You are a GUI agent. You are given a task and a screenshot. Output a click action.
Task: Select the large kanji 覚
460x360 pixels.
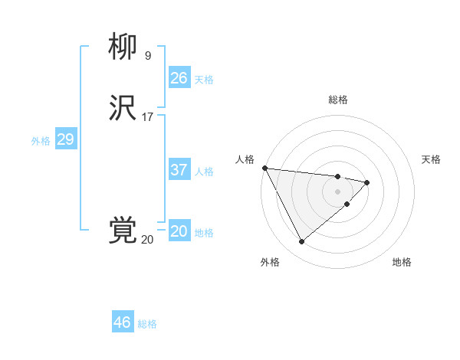point(123,231)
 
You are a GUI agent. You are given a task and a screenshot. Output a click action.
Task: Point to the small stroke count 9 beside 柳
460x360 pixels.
point(147,55)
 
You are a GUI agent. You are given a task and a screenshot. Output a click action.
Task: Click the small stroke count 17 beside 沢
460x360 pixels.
point(147,117)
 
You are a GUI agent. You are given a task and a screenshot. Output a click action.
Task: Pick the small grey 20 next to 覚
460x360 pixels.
point(147,240)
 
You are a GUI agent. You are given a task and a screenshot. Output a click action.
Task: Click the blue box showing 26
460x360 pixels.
point(179,77)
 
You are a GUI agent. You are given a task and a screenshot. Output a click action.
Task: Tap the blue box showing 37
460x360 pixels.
point(179,170)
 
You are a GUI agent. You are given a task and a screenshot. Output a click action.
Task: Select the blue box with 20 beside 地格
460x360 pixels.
point(179,231)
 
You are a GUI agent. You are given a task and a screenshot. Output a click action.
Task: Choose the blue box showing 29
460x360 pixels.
point(65,139)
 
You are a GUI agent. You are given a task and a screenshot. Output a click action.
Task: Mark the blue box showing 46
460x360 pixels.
point(122,322)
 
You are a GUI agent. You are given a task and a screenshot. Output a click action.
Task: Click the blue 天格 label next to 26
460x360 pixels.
point(204,79)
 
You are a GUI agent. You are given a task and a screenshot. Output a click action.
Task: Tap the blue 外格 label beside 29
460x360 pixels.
point(41,141)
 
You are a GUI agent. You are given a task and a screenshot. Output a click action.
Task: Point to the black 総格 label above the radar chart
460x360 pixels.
point(338,100)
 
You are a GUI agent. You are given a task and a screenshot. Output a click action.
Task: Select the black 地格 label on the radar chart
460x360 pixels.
point(402,262)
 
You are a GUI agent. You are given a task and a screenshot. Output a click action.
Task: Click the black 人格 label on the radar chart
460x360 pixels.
point(245,159)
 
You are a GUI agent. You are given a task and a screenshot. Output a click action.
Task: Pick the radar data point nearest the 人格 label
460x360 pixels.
point(264,168)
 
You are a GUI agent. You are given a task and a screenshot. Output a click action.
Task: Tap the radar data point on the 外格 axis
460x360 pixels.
point(301,242)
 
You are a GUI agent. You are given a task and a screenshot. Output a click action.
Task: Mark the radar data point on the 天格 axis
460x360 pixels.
point(368,182)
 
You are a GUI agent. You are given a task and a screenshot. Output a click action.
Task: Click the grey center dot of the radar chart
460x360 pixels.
point(338,191)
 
